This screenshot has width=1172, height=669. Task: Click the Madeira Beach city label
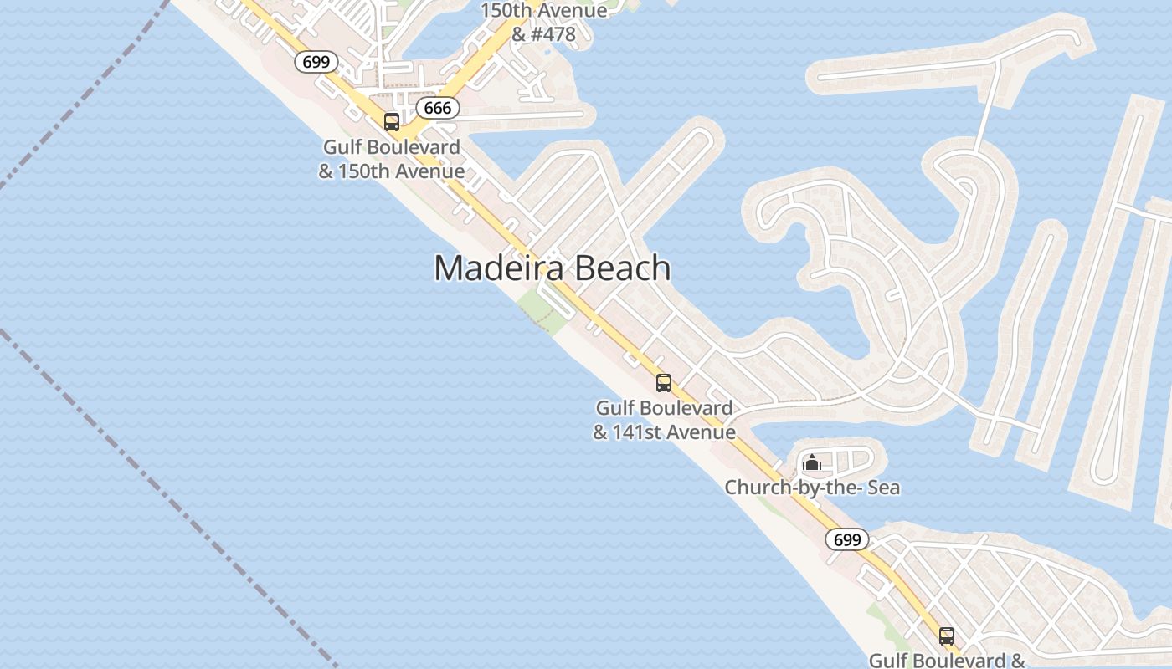point(553,268)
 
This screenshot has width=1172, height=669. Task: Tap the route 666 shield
point(438,108)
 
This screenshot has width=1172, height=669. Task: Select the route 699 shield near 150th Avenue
point(316,62)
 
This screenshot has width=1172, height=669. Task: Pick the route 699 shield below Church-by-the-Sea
point(847,539)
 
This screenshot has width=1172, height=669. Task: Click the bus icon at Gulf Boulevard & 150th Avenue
point(392,122)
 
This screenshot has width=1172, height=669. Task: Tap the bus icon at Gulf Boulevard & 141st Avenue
point(664,383)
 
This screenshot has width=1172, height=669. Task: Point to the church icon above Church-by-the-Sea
point(811,462)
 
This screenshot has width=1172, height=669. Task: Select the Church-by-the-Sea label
point(812,488)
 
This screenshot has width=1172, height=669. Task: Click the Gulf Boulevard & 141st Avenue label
point(665,420)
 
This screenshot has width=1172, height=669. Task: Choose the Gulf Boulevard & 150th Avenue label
point(392,160)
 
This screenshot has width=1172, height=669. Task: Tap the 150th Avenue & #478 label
point(543,23)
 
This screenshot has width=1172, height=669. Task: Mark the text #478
point(556,35)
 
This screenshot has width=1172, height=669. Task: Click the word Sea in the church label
point(882,488)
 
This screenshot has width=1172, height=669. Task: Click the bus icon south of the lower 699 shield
point(946,636)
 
